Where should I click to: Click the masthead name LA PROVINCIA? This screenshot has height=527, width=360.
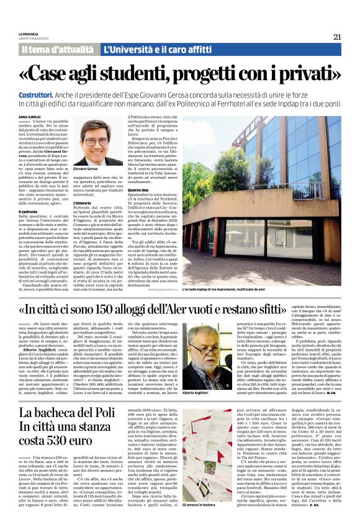coord(29,34)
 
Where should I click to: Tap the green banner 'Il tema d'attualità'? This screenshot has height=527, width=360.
coord(58,49)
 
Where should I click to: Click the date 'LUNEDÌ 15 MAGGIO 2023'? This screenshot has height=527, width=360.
coord(35,38)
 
